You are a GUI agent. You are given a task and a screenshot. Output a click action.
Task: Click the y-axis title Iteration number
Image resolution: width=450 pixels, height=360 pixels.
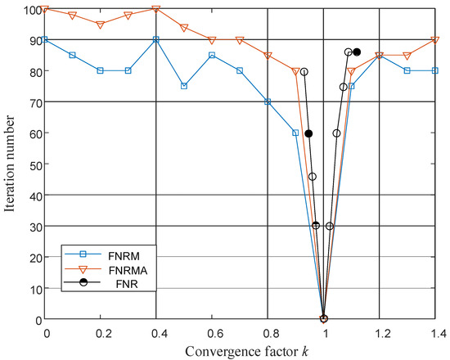tap(11, 164)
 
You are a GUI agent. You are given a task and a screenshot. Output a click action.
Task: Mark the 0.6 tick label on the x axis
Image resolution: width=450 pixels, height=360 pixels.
tap(213, 334)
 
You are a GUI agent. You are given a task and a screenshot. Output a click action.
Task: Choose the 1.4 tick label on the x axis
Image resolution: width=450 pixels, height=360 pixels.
tap(435, 334)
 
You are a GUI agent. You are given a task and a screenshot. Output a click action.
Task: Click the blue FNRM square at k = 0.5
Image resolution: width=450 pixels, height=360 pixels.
tap(184, 86)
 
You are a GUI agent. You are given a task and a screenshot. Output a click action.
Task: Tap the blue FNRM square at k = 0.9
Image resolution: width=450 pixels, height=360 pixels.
tap(296, 133)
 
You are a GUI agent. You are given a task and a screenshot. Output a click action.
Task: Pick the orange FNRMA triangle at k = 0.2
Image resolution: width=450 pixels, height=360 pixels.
tap(101, 25)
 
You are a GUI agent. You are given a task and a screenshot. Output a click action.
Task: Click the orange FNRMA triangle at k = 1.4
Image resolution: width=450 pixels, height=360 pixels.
tap(436, 39)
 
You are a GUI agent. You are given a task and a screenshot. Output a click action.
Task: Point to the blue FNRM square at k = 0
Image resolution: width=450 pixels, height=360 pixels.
tap(46, 39)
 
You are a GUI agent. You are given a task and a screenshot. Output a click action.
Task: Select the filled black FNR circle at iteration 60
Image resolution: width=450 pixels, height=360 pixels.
tap(308, 133)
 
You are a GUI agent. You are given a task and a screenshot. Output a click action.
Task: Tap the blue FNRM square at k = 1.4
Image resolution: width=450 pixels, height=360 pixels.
tap(436, 70)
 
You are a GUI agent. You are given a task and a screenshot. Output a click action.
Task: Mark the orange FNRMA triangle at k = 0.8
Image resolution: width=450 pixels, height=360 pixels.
tap(268, 56)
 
